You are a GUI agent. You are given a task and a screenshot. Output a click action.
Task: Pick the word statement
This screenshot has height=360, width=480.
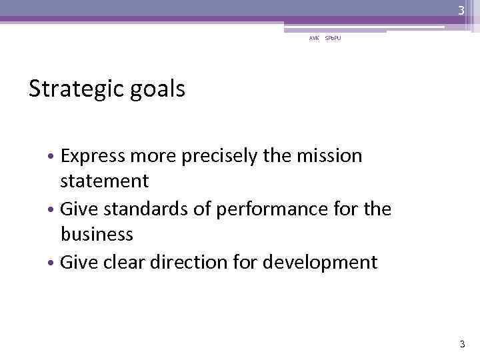[x=105, y=181]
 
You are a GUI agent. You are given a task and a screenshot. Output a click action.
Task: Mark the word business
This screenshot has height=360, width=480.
[x=97, y=235]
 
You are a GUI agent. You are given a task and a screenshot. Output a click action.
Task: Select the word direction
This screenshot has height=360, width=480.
[x=179, y=262]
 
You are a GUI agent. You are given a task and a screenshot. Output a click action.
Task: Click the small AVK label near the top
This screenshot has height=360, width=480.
[x=313, y=39]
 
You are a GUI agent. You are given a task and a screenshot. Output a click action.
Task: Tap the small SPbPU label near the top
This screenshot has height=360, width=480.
[x=333, y=39]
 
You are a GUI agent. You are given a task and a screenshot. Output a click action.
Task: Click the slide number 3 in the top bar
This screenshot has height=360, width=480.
[x=461, y=10]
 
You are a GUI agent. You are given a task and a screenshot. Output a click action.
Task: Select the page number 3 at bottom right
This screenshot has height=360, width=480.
[x=461, y=344]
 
